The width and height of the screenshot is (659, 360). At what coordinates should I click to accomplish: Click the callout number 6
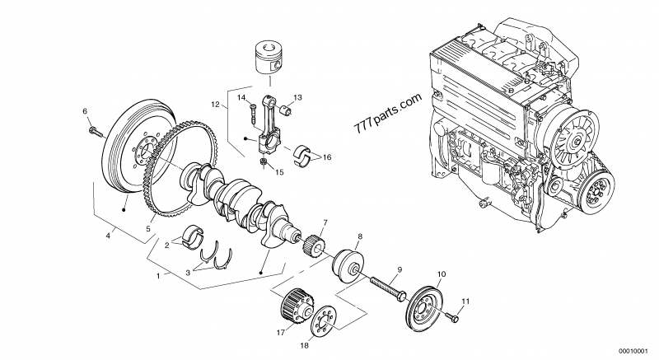84,110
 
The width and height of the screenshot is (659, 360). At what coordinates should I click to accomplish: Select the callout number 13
297,97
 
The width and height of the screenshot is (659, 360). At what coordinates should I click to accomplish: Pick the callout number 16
327,157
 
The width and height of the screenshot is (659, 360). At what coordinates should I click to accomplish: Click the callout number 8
360,236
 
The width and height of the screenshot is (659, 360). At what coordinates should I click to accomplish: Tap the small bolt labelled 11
452,314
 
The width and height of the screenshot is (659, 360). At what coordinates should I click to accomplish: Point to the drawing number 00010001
635,348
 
